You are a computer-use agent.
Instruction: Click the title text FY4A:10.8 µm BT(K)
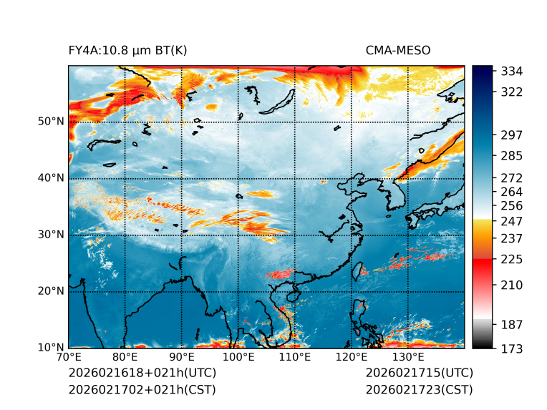pos(127,50)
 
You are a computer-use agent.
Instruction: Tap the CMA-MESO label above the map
pos(398,50)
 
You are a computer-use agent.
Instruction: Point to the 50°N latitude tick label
pos(51,121)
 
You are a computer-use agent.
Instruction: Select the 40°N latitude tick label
pos(51,177)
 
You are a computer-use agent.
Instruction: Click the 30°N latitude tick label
pos(51,234)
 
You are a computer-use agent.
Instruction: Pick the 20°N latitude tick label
pos(51,291)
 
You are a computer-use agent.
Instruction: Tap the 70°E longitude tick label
pos(69,357)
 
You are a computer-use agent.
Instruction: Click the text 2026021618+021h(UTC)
pos(142,374)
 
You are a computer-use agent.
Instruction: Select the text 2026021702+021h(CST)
pos(142,389)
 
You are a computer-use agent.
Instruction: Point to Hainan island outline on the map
pos(292,296)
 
